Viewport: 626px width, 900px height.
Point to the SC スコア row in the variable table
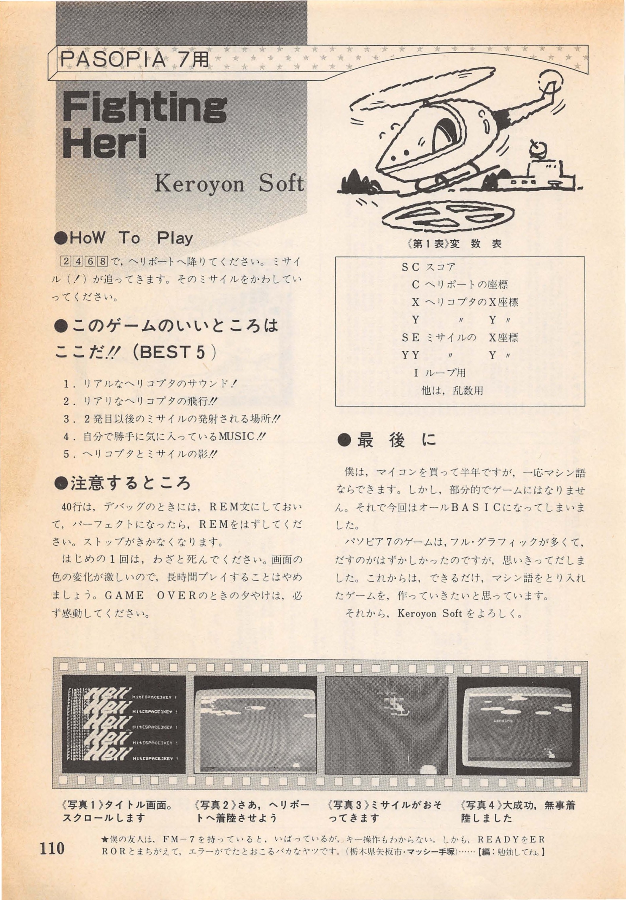pyautogui.click(x=428, y=268)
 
